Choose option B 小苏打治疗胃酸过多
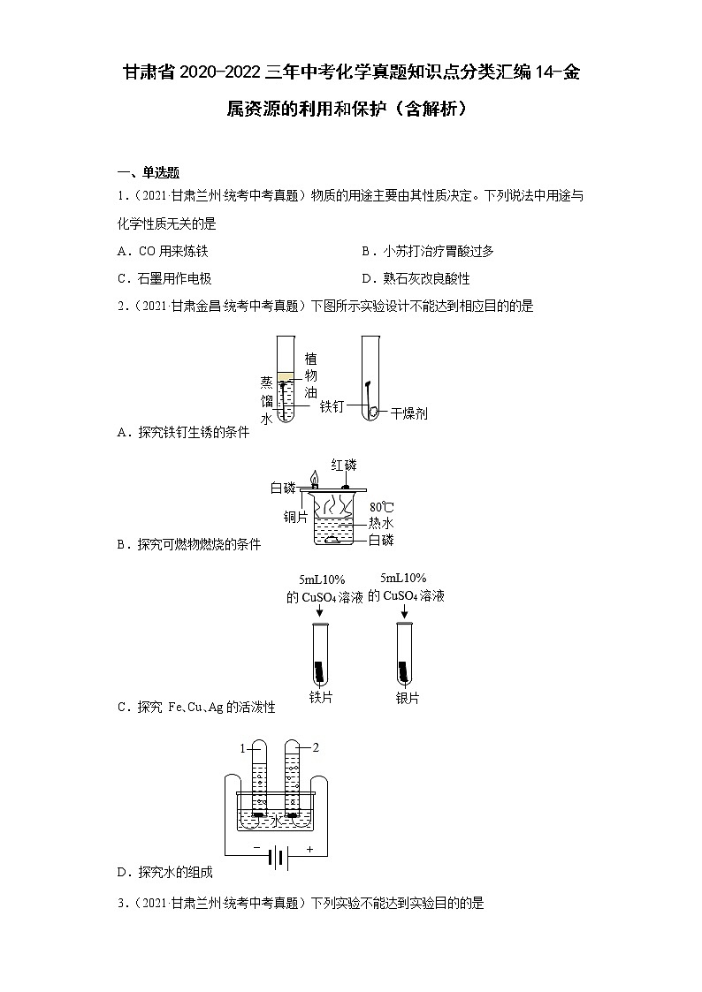coord(428,251)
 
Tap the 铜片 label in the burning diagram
coord(295,517)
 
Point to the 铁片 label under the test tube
coord(320,697)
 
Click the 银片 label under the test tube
coord(408,697)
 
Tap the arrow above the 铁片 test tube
coord(320,611)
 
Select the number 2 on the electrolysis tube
coord(316,748)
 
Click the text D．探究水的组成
coord(165,872)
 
